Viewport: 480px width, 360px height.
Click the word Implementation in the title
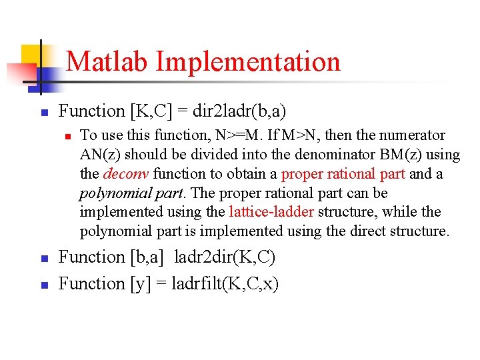(248, 61)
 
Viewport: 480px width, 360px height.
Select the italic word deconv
(126, 174)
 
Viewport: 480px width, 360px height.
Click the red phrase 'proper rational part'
(343, 174)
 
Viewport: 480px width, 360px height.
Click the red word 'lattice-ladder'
(271, 212)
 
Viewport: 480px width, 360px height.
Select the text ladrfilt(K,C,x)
(225, 284)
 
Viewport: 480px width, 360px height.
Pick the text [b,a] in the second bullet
(149, 257)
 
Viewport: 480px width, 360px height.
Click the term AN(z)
(101, 155)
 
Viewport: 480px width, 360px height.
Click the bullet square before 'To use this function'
(67, 135)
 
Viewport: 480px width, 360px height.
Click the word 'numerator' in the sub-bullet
(412, 135)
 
